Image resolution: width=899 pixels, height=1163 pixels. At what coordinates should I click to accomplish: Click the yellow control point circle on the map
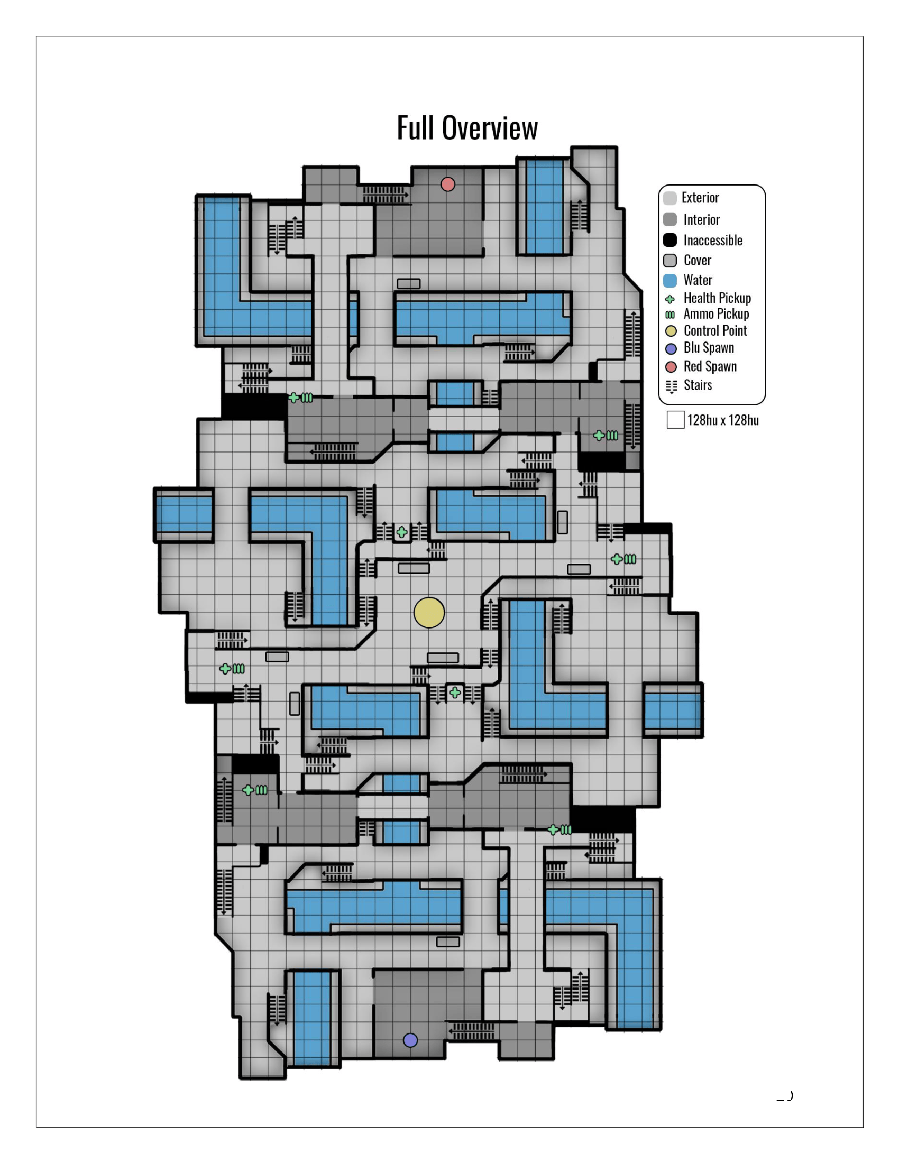tap(429, 612)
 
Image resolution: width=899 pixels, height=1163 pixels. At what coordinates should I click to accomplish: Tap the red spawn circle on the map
tap(448, 184)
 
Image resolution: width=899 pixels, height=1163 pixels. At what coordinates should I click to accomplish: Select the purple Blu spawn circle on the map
tap(410, 1040)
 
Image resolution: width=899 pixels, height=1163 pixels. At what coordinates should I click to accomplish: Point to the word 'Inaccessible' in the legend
tap(713, 240)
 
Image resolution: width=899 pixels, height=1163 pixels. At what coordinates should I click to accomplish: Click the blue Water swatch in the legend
tap(670, 280)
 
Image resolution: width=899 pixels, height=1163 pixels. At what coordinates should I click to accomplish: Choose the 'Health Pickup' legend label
tap(717, 298)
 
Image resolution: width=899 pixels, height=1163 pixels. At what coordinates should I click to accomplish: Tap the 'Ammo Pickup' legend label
tap(716, 314)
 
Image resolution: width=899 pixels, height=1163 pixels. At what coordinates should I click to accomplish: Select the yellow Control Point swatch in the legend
tap(671, 331)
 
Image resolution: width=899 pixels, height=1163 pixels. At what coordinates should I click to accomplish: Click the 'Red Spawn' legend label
tap(710, 366)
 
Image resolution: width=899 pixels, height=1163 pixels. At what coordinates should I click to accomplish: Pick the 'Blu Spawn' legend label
tap(708, 348)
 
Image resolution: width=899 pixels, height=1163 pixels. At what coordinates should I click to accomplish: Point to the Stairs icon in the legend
tap(672, 386)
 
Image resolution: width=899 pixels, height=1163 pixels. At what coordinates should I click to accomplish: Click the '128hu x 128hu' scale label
tap(723, 420)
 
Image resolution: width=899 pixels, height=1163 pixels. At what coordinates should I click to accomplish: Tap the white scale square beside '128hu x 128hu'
tap(675, 420)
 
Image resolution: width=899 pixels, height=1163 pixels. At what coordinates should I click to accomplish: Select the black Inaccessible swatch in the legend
tap(670, 240)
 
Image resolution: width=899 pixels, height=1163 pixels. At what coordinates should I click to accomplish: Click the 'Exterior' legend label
tap(700, 198)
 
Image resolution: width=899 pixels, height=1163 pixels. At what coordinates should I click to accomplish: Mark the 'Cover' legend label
tap(697, 261)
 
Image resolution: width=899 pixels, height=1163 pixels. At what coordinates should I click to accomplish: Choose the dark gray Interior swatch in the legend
tap(670, 219)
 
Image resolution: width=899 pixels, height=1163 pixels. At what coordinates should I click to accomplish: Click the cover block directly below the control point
tap(443, 658)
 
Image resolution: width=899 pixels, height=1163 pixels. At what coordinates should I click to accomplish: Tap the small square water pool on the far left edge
tap(184, 515)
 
